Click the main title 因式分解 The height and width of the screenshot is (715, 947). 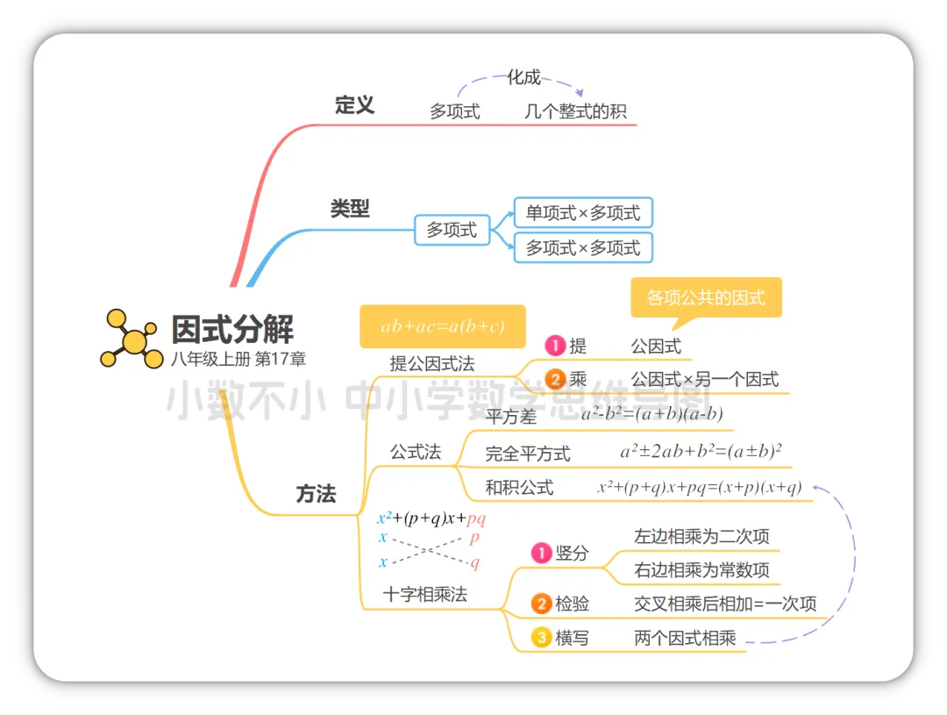coord(232,329)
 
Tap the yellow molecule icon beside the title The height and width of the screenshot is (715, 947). coord(132,338)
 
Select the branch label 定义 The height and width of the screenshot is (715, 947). coord(354,106)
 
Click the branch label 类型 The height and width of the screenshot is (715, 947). coord(350,209)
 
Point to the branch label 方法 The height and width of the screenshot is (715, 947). coord(316,494)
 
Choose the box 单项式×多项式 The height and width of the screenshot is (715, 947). coord(583,213)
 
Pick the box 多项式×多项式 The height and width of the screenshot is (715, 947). coord(583,248)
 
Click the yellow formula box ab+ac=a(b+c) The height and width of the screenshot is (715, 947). coord(442,326)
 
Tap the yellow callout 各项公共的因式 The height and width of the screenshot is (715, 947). coord(706,297)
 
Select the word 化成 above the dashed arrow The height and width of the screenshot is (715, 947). coord(523,77)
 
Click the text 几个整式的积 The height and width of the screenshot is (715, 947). coord(576,112)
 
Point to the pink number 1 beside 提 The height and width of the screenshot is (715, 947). coord(555,347)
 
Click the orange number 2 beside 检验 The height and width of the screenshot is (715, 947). coord(541,604)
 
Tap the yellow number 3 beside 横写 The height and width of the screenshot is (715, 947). coord(541,638)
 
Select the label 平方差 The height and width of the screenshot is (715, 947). coord(510,417)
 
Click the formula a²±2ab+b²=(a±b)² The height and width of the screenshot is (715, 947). coord(701,452)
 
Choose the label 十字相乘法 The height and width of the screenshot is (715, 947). coord(425,594)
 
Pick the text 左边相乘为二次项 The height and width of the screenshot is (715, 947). coord(701,536)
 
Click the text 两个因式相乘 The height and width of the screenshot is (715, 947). coord(685,638)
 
